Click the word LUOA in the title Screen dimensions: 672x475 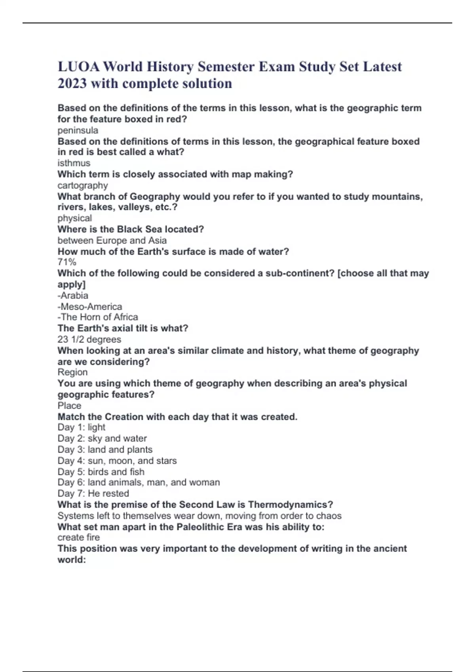click(x=78, y=67)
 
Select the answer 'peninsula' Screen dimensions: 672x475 click(x=78, y=130)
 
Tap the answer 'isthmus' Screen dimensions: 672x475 click(x=74, y=163)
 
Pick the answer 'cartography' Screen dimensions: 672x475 click(x=83, y=185)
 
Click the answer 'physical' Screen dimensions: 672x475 click(x=75, y=218)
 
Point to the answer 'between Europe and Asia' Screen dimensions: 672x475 click(x=112, y=240)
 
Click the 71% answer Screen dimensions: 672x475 click(x=67, y=262)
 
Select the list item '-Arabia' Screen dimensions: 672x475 click(x=73, y=296)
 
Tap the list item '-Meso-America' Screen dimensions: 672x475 click(x=90, y=307)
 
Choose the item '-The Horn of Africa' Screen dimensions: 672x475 click(x=98, y=317)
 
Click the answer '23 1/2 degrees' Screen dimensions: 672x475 click(x=89, y=340)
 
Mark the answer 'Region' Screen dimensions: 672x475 click(x=72, y=372)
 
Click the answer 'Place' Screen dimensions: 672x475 click(x=69, y=406)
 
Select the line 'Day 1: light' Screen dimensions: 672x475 click(x=82, y=427)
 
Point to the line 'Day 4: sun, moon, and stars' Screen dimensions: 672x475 click(x=117, y=461)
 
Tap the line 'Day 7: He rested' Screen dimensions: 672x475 click(x=93, y=493)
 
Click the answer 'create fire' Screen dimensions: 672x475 click(x=79, y=537)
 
